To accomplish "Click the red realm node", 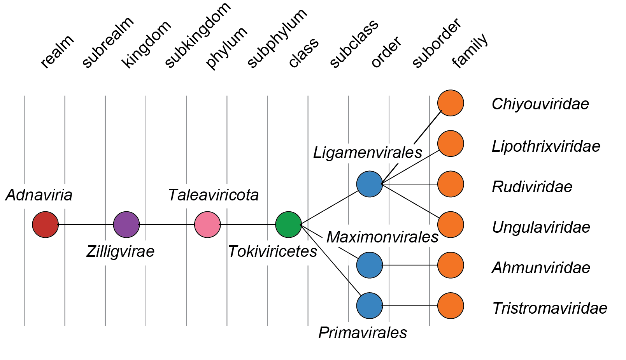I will click(x=46, y=225).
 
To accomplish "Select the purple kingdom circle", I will click(x=126, y=225).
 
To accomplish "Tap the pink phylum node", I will click(x=207, y=225).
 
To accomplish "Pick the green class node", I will click(x=288, y=225).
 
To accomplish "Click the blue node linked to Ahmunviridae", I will click(x=370, y=265).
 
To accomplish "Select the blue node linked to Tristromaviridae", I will click(x=370, y=306).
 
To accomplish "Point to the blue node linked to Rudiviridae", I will click(x=370, y=184).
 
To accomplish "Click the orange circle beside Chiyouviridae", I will click(x=451, y=103).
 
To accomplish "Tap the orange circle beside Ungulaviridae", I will click(x=451, y=225).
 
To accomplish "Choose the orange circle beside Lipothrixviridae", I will click(x=451, y=144).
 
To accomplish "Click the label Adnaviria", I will click(x=39, y=195).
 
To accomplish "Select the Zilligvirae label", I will click(x=120, y=251).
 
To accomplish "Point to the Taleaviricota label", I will click(x=213, y=195).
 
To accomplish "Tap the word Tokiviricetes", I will click(x=272, y=251).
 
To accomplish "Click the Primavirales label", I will click(x=363, y=333).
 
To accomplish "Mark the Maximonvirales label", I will click(x=382, y=237).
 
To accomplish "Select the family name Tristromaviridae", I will click(x=549, y=308).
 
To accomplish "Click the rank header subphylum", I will click(x=277, y=39).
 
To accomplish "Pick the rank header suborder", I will click(x=437, y=43).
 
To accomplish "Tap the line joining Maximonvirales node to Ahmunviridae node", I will click(x=410, y=265).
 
